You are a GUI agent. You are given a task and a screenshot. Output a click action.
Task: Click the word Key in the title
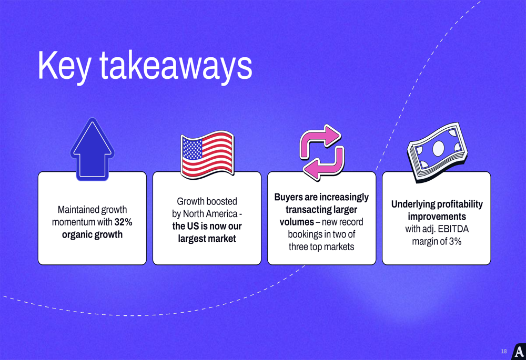click(64, 66)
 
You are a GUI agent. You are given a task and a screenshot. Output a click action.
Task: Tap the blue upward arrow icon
click(92, 149)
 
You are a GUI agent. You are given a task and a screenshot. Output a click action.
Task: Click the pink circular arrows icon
click(322, 152)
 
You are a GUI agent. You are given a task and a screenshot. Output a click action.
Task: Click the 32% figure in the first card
click(123, 222)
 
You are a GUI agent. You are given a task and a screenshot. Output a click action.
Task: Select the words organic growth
click(92, 234)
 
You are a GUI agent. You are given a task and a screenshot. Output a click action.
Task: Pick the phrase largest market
click(207, 239)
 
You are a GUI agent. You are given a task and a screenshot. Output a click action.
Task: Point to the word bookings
click(305, 234)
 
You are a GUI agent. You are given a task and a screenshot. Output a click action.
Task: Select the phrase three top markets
click(321, 246)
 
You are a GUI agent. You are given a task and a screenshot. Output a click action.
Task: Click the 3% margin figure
click(455, 241)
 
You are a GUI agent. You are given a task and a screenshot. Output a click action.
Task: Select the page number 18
click(504, 351)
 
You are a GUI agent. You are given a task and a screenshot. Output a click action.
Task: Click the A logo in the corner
click(519, 352)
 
